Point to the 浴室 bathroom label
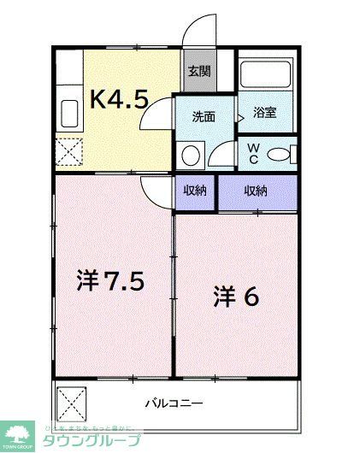point(264,112)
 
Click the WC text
point(253,153)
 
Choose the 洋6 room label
point(235,297)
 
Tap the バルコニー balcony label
point(173,401)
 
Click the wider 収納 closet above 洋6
point(257,191)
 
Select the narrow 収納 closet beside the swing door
point(195,191)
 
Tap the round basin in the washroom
point(191,155)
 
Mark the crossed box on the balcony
point(72,400)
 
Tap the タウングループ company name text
point(85,439)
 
